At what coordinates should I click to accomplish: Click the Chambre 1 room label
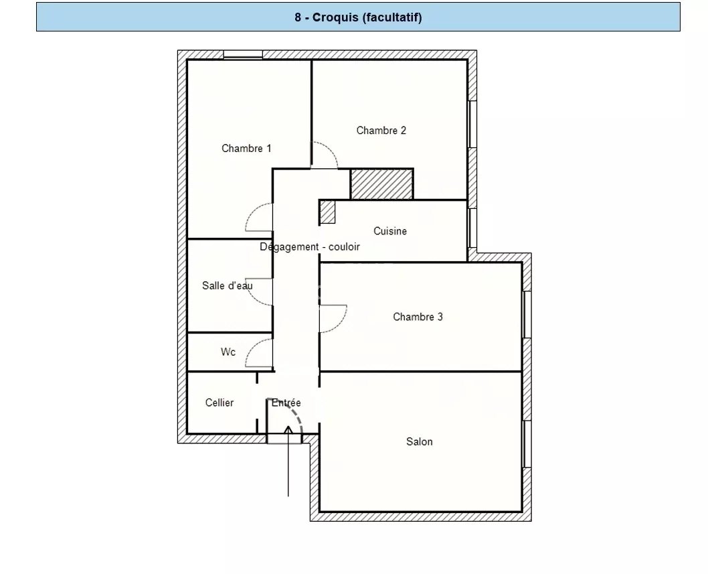click(x=246, y=148)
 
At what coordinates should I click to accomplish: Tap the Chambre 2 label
click(x=381, y=131)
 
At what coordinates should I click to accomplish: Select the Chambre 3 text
click(x=418, y=317)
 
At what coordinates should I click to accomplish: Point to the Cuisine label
click(x=390, y=231)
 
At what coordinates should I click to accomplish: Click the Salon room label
click(x=420, y=441)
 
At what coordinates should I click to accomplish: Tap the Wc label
click(x=228, y=352)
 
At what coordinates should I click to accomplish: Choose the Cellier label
click(x=219, y=403)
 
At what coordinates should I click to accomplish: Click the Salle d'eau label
click(x=227, y=285)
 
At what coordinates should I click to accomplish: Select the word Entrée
click(x=286, y=403)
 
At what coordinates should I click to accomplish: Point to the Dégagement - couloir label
click(x=310, y=246)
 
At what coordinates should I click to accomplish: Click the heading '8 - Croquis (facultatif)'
click(x=358, y=17)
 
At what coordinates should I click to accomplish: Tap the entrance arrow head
click(x=288, y=429)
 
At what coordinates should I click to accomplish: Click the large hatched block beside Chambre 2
click(x=382, y=184)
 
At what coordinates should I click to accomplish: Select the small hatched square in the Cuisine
click(x=328, y=212)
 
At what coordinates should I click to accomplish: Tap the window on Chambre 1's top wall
click(x=243, y=55)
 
